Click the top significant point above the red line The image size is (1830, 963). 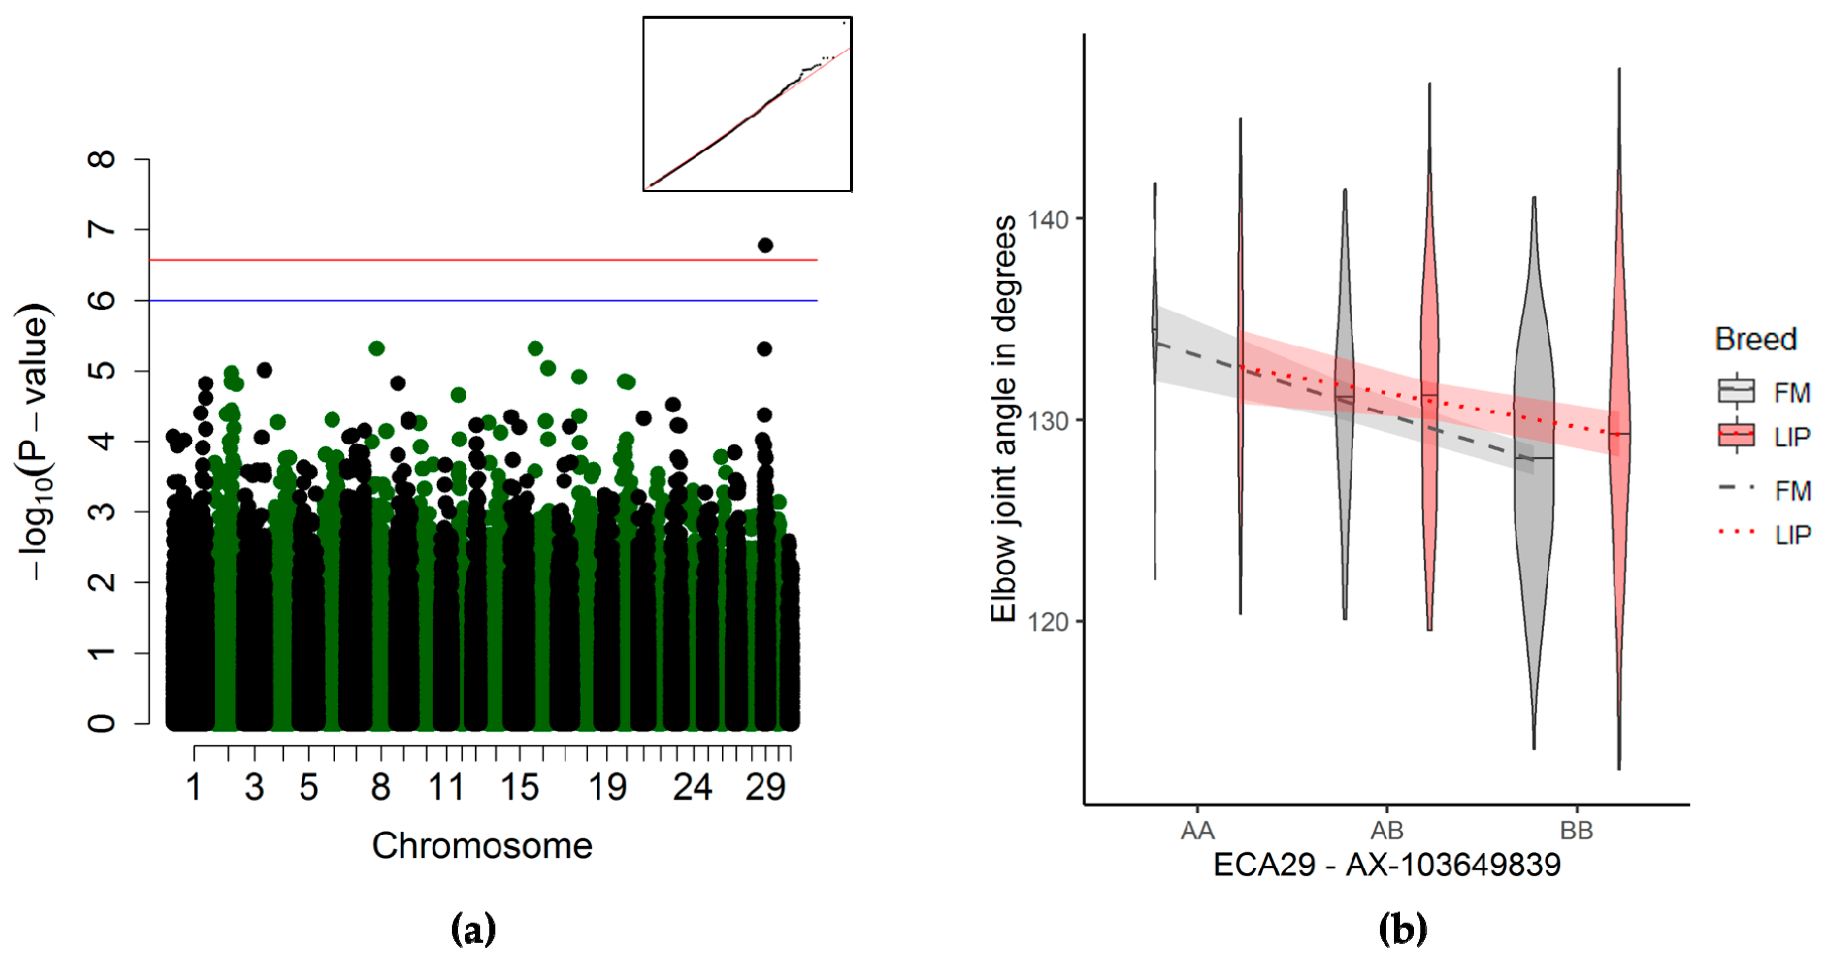point(765,245)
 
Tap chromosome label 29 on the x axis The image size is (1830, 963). point(765,788)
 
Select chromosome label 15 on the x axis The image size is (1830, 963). point(519,788)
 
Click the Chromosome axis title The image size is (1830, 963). point(482,846)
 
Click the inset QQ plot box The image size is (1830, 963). point(747,104)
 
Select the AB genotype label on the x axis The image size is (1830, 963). point(1386,830)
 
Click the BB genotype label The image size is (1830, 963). point(1576,830)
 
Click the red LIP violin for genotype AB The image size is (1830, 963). point(1430,370)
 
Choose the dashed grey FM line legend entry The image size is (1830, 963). point(1736,488)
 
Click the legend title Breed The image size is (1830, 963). point(1755,339)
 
